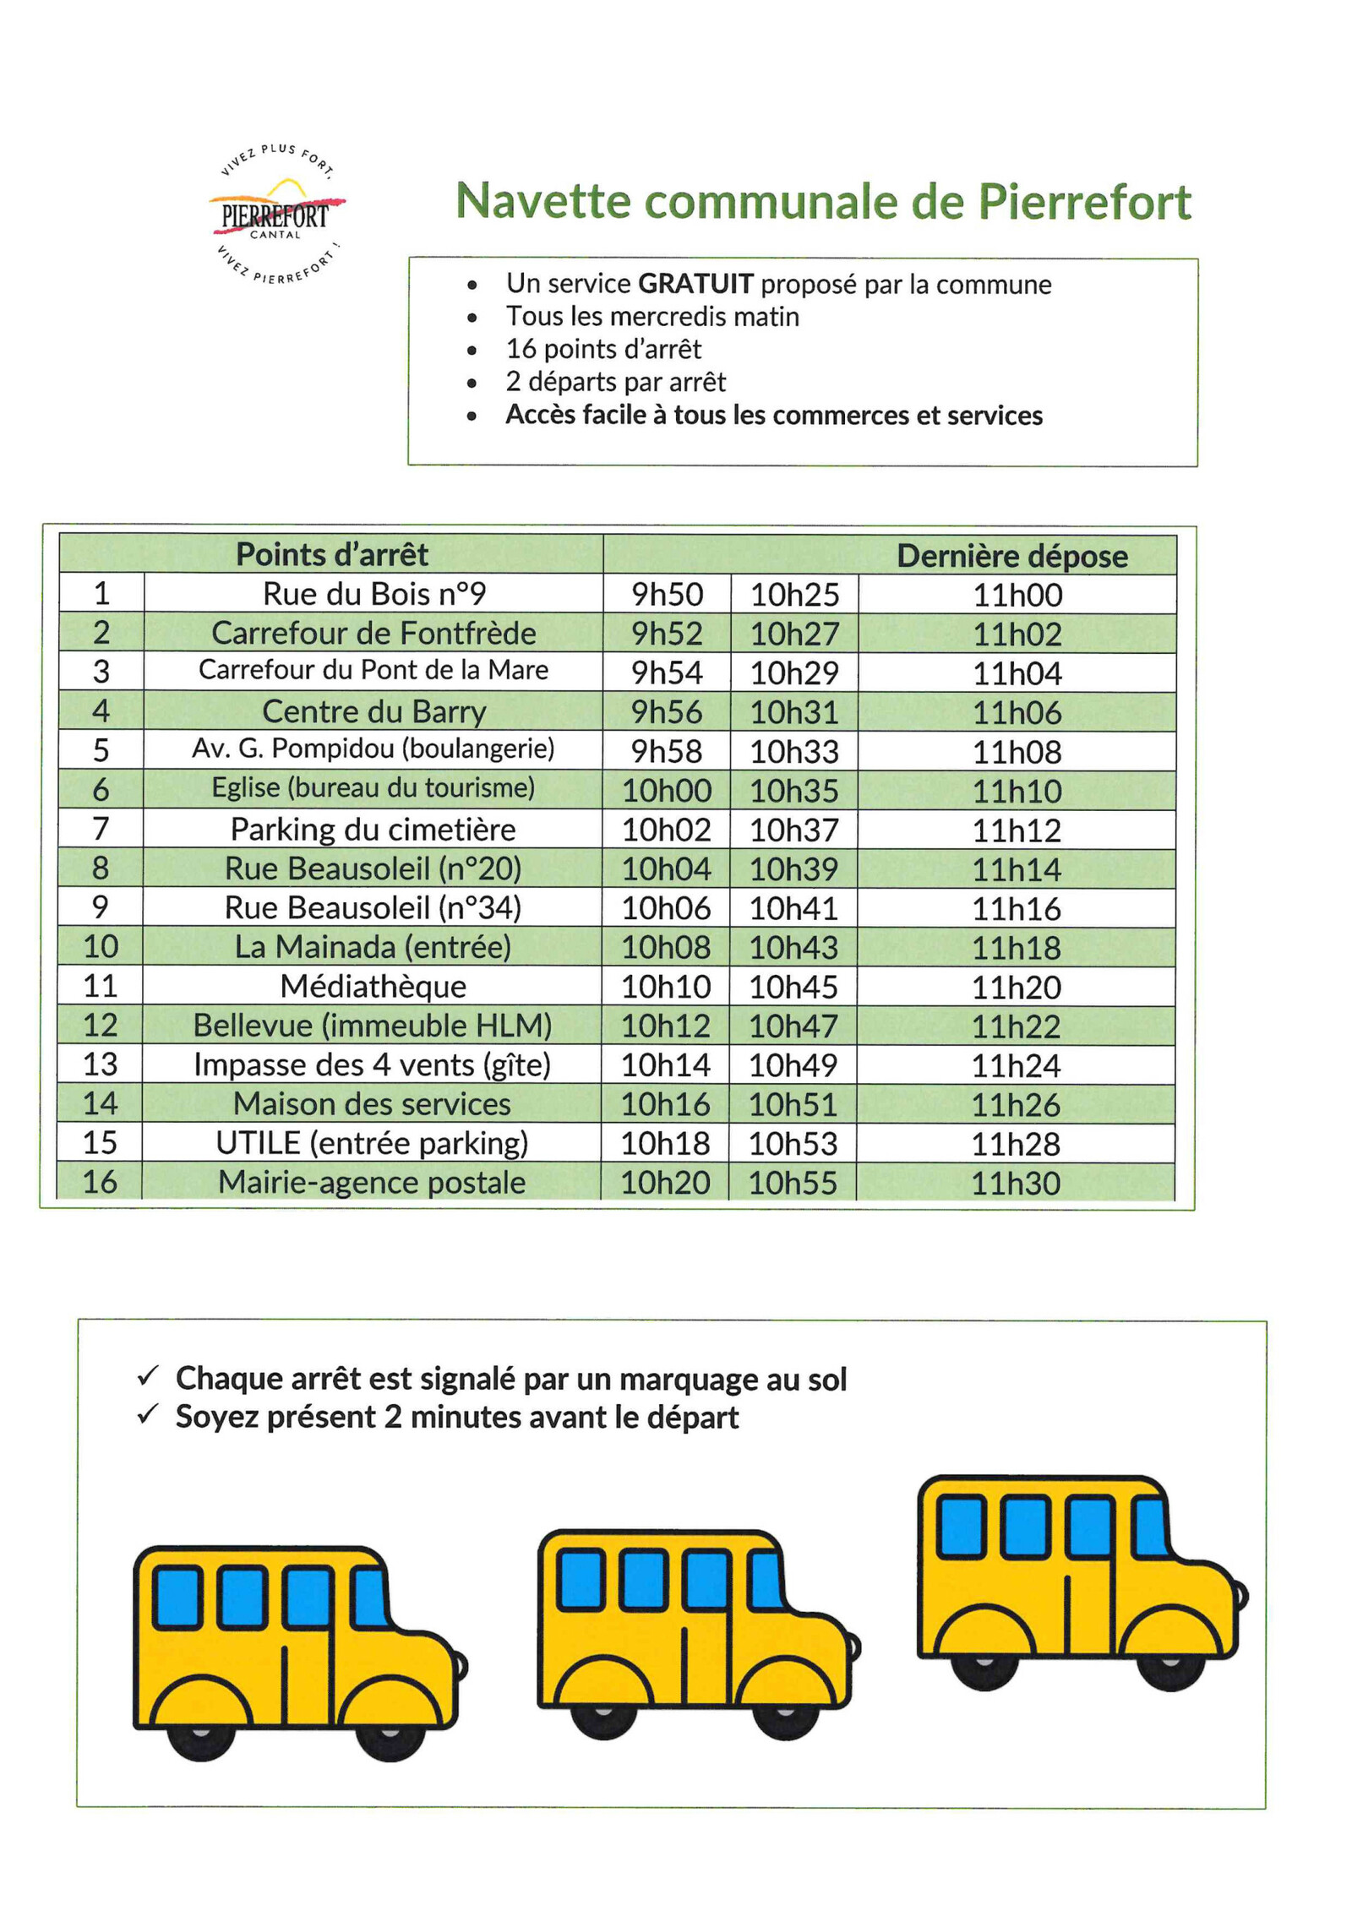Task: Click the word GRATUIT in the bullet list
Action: click(695, 284)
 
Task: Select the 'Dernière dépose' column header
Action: click(1011, 556)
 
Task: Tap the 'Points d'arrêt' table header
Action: click(331, 554)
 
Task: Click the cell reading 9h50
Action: click(667, 595)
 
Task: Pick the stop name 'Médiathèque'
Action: click(373, 986)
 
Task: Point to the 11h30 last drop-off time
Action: click(1015, 1183)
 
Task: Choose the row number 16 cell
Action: click(100, 1181)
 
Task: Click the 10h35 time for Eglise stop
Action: click(793, 791)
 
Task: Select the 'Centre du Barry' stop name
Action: click(373, 711)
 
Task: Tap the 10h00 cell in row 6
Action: click(667, 791)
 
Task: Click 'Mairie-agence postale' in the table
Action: click(372, 1182)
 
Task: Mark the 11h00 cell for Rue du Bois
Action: click(1017, 595)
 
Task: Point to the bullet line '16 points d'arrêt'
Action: click(603, 349)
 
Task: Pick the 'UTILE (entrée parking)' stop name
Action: click(372, 1143)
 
